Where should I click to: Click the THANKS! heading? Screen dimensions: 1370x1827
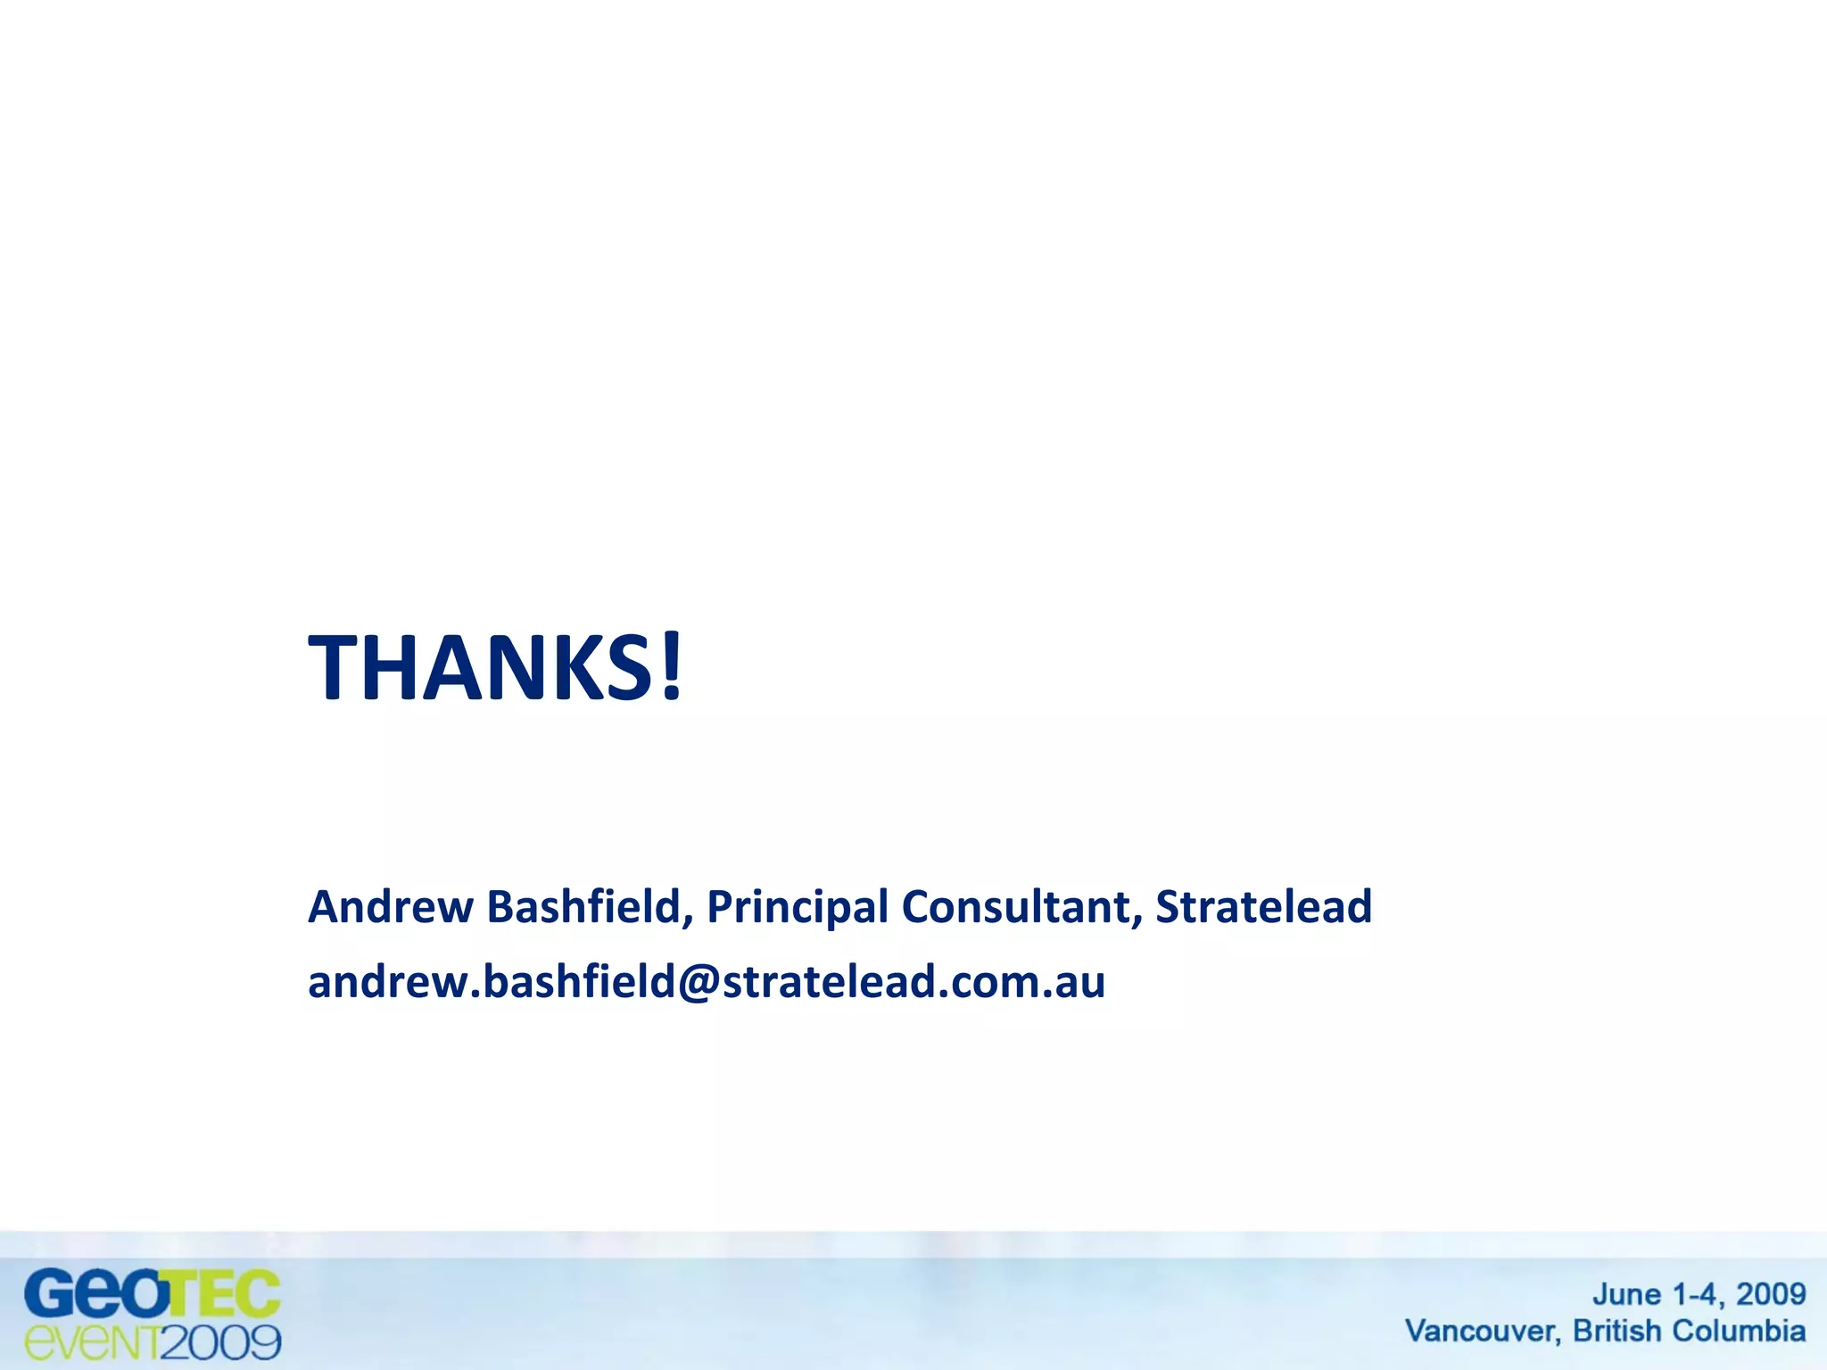point(495,666)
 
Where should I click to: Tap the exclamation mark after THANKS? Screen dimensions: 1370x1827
point(672,666)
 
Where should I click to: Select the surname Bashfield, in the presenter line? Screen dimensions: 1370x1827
point(590,907)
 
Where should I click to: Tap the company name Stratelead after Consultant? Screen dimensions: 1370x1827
point(1263,907)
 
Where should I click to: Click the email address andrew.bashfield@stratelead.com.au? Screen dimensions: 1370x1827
point(707,982)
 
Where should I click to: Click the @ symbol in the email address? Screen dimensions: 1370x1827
point(699,983)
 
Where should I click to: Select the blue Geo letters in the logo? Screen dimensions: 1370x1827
point(94,1294)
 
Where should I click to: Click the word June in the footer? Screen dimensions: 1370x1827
point(1626,1295)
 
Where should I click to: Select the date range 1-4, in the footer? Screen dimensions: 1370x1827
point(1699,1295)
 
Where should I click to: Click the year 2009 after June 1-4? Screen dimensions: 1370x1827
point(1771,1294)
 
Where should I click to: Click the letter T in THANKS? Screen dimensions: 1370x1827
point(333,666)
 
